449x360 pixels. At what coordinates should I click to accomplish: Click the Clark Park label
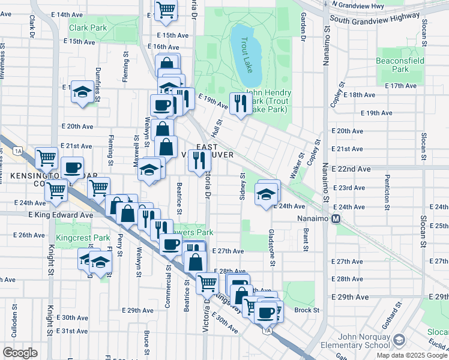pos(88,28)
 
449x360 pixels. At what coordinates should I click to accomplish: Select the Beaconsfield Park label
pos(400,65)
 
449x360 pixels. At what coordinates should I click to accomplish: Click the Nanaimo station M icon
pos(336,218)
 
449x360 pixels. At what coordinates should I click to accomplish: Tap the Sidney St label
pos(243,185)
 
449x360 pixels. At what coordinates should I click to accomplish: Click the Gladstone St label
pos(272,247)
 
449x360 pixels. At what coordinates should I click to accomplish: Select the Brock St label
pos(306,310)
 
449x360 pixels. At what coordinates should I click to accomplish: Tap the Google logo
pos(20,352)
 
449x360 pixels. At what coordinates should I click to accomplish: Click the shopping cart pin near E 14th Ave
pos(166,10)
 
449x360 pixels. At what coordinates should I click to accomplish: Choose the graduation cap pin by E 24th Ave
pos(266,194)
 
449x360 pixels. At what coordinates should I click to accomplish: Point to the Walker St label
pos(295,161)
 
